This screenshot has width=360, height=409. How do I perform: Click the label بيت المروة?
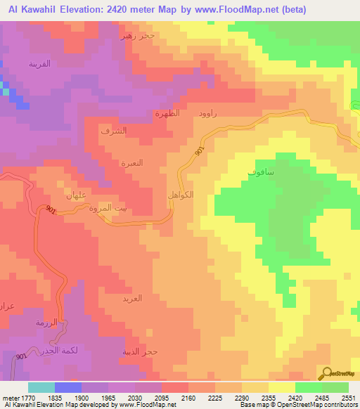(x=112, y=208)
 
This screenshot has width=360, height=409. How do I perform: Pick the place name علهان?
(x=75, y=195)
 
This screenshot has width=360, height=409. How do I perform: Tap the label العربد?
(x=132, y=298)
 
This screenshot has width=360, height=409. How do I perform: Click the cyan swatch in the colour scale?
(x=41, y=387)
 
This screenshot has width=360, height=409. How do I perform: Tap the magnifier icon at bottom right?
(x=326, y=372)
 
